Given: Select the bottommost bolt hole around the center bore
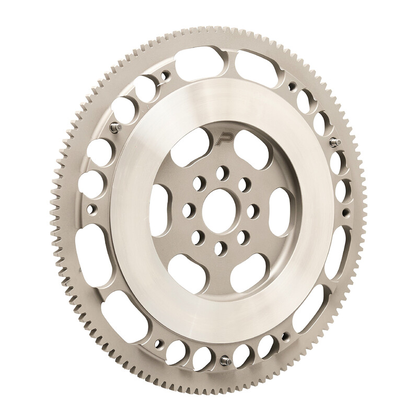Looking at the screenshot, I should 219,247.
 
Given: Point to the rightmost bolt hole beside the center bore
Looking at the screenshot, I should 251,210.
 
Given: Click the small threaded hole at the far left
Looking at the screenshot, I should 94,210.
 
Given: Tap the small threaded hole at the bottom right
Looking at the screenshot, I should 284,340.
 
